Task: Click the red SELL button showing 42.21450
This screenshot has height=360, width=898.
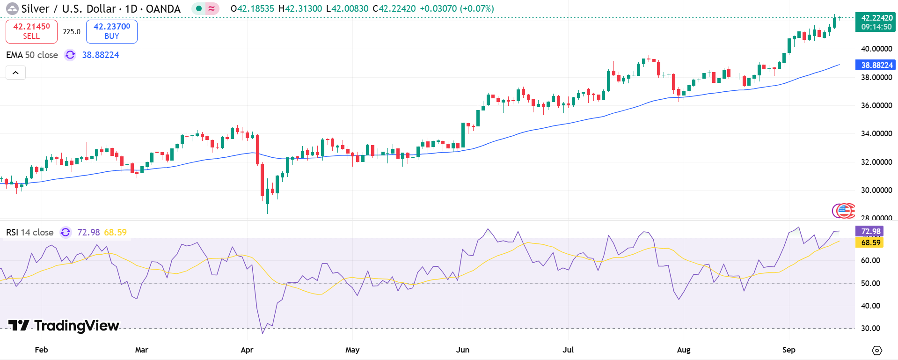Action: click(x=31, y=31)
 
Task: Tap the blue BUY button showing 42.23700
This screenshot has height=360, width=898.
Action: click(x=111, y=31)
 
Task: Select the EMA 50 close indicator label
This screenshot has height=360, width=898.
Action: click(x=32, y=55)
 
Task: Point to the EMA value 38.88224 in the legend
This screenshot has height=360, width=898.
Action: click(x=101, y=55)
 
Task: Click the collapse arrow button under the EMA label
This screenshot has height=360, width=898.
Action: click(x=15, y=73)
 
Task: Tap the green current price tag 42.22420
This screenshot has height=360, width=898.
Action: click(x=875, y=22)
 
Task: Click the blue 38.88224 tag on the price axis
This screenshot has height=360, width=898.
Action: click(x=875, y=65)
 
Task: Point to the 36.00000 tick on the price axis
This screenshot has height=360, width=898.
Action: click(x=876, y=105)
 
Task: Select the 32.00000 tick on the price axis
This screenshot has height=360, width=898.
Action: click(x=876, y=162)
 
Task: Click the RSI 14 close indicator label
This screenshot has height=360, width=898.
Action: click(x=30, y=232)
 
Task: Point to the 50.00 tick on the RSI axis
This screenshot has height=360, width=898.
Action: click(x=870, y=283)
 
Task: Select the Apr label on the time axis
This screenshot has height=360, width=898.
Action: click(x=247, y=350)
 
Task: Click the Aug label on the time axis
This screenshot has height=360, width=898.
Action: click(x=683, y=350)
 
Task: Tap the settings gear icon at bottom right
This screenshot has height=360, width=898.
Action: click(x=877, y=350)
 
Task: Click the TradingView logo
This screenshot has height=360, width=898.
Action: click(x=64, y=325)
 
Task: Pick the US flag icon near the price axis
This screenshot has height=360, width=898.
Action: click(x=844, y=211)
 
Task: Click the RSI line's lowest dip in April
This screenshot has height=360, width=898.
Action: click(x=263, y=333)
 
